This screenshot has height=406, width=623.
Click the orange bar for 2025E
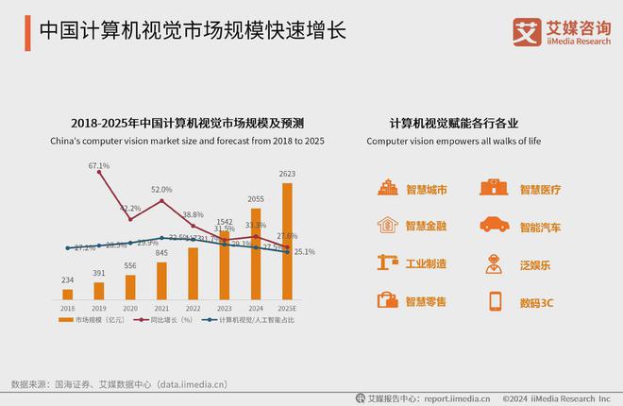[x=287, y=241]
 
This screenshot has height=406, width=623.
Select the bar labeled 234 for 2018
[x=68, y=294]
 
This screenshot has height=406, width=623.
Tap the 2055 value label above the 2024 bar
[x=255, y=199]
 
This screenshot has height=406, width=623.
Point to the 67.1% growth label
[x=99, y=165]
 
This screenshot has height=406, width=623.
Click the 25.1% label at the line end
[x=304, y=252]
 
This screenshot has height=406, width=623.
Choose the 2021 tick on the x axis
[x=161, y=308]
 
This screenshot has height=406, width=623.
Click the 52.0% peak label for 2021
[x=161, y=190]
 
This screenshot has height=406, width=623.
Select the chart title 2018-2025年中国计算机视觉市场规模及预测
[x=187, y=123]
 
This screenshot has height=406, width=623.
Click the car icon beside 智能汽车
[x=493, y=225]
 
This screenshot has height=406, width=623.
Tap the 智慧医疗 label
[x=540, y=189]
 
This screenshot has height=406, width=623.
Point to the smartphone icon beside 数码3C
[x=494, y=301]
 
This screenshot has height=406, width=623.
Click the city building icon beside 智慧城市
[x=387, y=188]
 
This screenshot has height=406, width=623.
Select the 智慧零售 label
[x=426, y=301]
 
